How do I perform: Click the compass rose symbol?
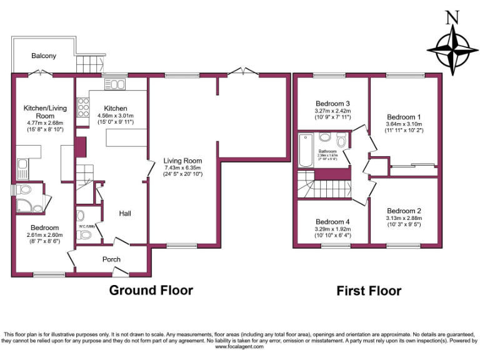tap(449, 49)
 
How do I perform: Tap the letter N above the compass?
tap(449, 17)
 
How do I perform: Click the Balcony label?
tap(44, 56)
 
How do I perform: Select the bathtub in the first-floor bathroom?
tap(306, 151)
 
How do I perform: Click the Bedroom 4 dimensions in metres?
tap(332, 229)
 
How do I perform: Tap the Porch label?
tap(111, 259)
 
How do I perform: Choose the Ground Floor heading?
tap(151, 290)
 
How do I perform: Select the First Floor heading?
tap(369, 291)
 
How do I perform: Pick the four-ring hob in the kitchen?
tap(82, 109)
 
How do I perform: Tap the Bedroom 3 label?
tap(332, 103)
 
